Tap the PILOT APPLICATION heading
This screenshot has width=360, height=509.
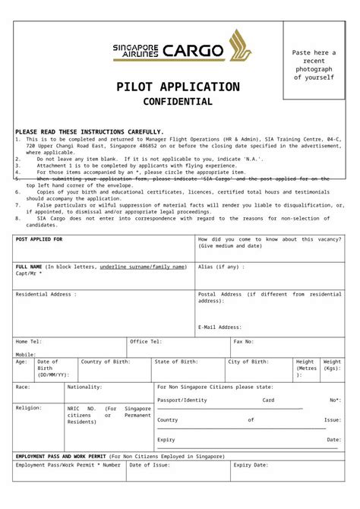pyautogui.click(x=178, y=87)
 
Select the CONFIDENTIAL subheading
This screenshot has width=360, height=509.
pyautogui.click(x=178, y=102)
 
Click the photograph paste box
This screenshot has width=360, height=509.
pyautogui.click(x=314, y=61)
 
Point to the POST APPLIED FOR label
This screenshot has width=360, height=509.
pyautogui.click(x=39, y=239)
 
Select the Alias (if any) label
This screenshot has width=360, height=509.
pyautogui.click(x=221, y=267)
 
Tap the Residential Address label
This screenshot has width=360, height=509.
pyautogui.click(x=46, y=293)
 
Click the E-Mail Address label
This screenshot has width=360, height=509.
pyautogui.click(x=220, y=327)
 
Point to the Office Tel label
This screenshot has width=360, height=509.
pyautogui.click(x=146, y=342)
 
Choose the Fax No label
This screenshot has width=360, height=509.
pyautogui.click(x=244, y=342)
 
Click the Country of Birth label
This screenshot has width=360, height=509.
pyautogui.click(x=107, y=362)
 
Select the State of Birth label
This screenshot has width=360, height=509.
pyautogui.click(x=176, y=362)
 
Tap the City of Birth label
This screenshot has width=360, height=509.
pyautogui.click(x=248, y=362)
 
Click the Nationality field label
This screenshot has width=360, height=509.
pyautogui.click(x=84, y=387)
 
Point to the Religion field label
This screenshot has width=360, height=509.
pyautogui.click(x=29, y=408)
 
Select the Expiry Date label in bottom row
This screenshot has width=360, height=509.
pyautogui.click(x=251, y=465)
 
